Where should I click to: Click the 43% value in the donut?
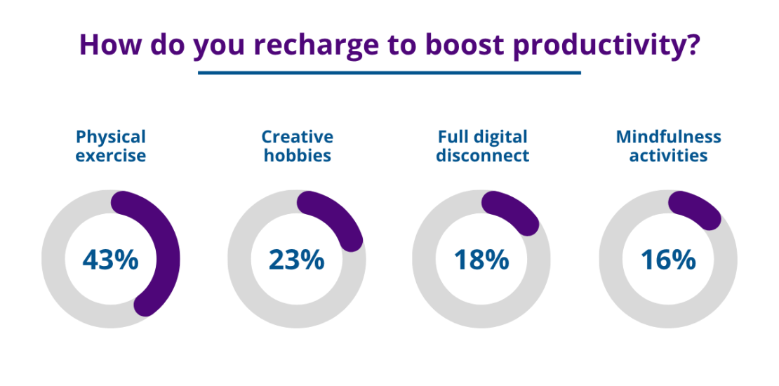111,260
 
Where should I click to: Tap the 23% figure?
296,260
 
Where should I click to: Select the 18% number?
481,260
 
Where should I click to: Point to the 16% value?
668,260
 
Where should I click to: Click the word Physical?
111,137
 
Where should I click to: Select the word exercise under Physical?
111,155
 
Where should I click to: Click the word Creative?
298,137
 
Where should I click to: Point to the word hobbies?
298,155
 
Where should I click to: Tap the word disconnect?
483,155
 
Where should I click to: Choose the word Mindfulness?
668,137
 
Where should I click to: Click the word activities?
668,155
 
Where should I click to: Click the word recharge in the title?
296,44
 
